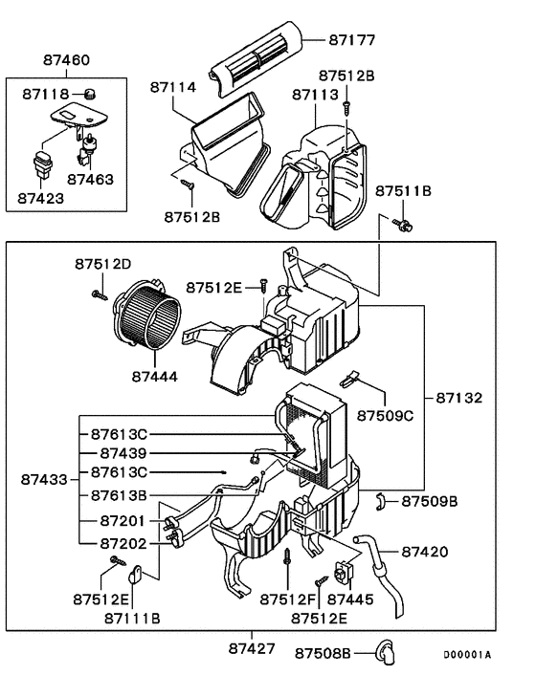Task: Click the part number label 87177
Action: (x=352, y=40)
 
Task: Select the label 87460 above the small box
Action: (x=66, y=60)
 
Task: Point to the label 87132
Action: (x=459, y=397)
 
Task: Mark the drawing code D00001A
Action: (x=466, y=655)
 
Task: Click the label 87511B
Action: (x=402, y=191)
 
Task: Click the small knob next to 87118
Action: (x=91, y=93)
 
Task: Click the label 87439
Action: (x=123, y=452)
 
